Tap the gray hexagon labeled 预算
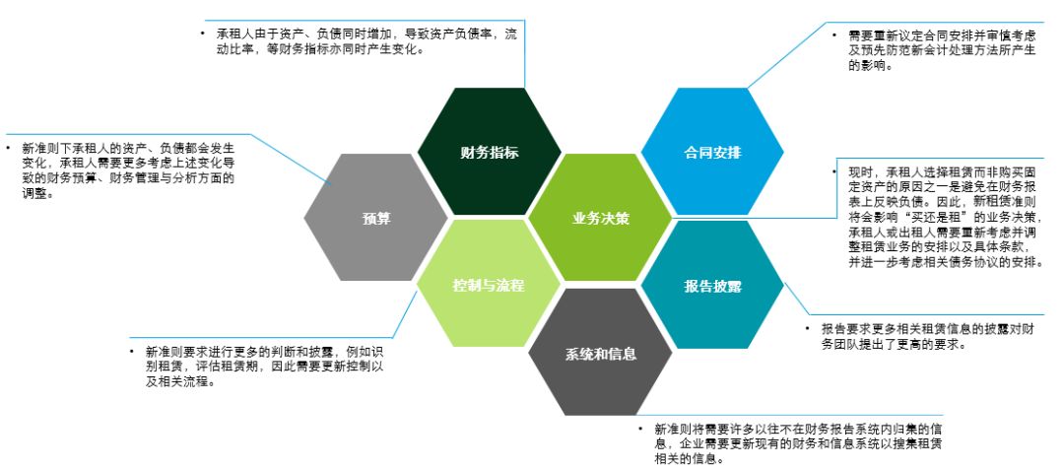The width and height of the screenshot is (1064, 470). pos(376,218)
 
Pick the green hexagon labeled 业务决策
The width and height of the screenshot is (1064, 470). pos(600,218)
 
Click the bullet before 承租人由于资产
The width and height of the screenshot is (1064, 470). pos(203,34)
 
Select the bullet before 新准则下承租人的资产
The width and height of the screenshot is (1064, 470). pos(8,147)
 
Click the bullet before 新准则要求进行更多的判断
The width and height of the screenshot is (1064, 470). pos(132,351)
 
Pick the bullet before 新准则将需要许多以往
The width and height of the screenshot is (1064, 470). pos(640,431)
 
